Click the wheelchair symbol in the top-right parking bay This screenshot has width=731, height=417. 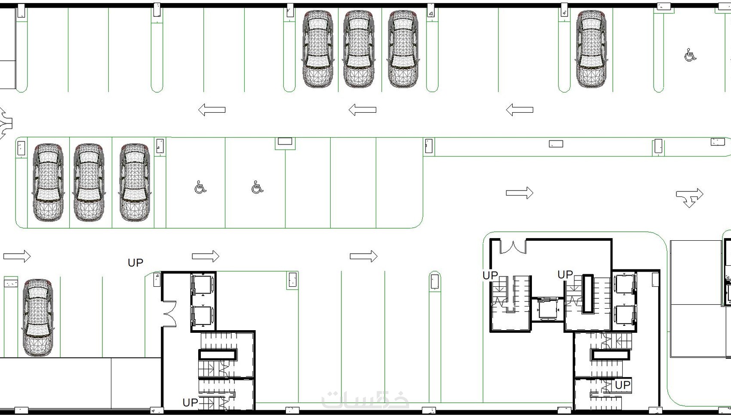coord(690,55)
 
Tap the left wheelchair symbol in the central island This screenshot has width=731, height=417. coord(200,187)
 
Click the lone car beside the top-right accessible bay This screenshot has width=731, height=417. coord(591,49)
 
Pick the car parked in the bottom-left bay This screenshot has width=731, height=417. coord(38,318)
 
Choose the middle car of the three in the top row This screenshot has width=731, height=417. coord(359,49)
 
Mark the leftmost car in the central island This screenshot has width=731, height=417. coord(48,182)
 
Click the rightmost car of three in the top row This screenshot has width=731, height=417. coord(403,49)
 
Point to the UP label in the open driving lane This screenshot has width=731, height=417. coord(135,263)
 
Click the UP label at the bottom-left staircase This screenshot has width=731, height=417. coord(190,403)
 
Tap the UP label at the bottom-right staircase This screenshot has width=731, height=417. coord(622,385)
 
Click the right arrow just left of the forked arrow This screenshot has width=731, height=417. coord(519,193)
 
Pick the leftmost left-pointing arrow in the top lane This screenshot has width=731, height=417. coord(212,110)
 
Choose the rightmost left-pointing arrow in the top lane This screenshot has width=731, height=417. coord(519,110)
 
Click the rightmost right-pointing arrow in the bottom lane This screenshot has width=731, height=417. coord(363,257)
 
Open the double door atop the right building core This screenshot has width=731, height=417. coord(513,247)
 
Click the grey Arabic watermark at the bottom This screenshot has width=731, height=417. coord(365,399)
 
